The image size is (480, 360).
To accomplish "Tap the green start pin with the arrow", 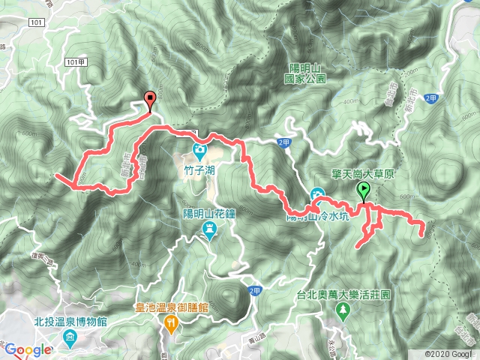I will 365,190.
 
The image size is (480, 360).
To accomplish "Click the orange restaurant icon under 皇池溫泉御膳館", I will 171,322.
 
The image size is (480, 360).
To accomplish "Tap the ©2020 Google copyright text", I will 448,354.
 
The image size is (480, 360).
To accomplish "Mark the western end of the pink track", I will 57,175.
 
